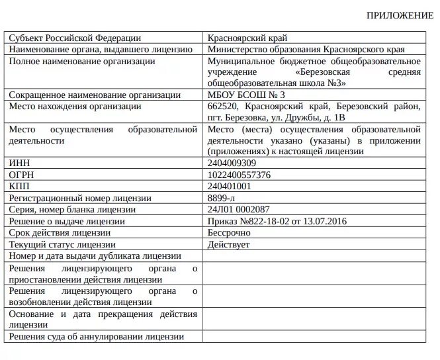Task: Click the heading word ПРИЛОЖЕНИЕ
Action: coord(400,15)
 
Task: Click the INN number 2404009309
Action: coord(232,163)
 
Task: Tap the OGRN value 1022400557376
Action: coord(239,175)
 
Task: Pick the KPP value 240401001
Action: coord(229,187)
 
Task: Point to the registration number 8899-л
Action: coord(222,198)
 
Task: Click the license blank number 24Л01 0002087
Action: coord(238,209)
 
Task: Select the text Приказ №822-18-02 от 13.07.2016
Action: coord(277,221)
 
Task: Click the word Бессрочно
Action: coord(229,233)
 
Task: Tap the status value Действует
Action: coord(228,244)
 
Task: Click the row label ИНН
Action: coord(19,163)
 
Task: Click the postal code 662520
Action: coord(222,106)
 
